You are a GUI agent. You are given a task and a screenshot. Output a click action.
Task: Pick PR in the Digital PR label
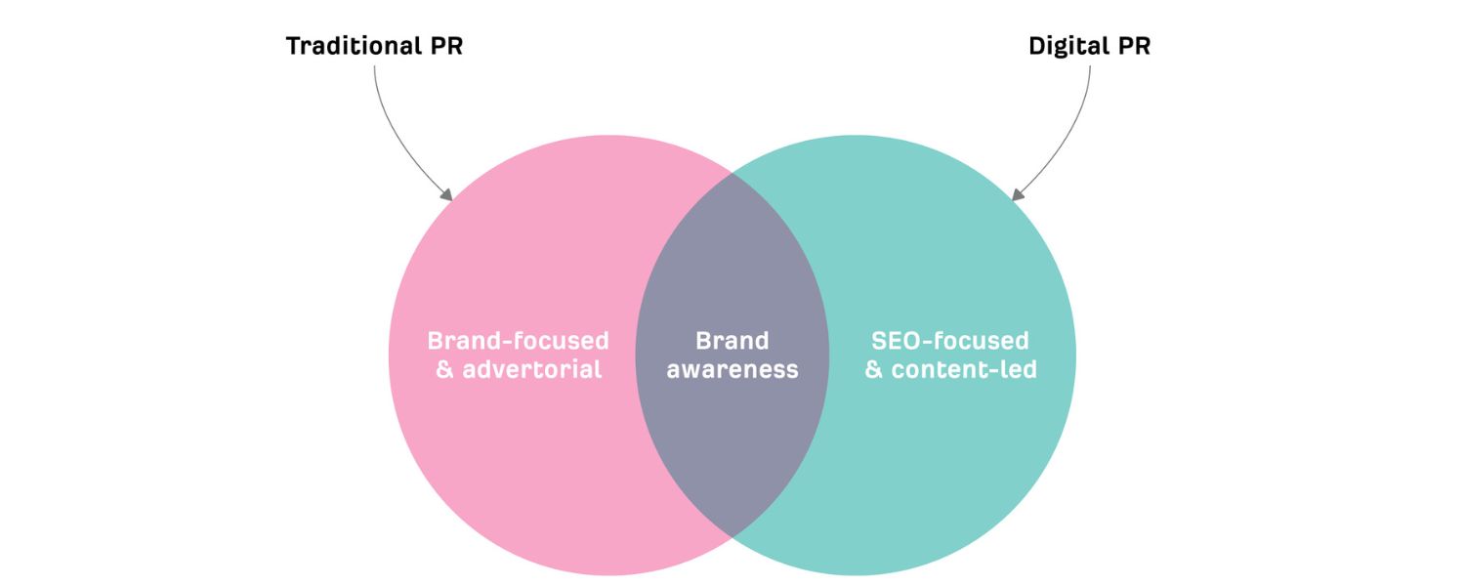pos(1134,46)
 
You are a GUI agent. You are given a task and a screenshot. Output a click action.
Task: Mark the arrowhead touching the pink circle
pos(447,195)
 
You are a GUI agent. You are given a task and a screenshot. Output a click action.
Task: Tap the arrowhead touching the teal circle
pos(1018,195)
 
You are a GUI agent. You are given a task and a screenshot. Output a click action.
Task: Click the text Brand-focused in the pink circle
pos(518,341)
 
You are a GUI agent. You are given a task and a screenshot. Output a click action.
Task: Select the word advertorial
pos(532,370)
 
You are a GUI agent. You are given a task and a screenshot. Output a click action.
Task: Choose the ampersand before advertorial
pos(444,370)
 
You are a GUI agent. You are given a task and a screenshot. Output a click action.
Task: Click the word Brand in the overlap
pos(732,341)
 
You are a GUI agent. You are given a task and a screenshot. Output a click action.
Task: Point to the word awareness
pos(732,370)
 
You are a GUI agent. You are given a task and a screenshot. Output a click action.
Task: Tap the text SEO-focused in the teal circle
pos(950,341)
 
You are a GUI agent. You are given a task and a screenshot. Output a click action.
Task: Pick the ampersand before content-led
pos(874,370)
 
